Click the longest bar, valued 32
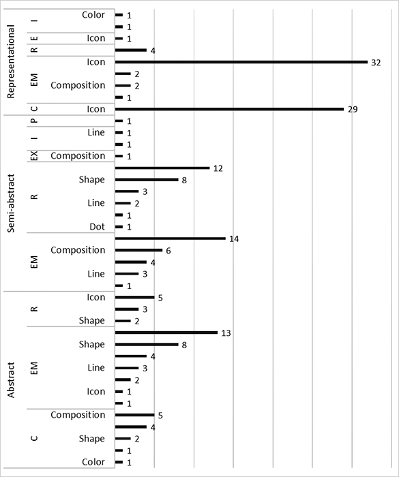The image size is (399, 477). pos(241,62)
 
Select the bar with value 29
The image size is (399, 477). pos(230,109)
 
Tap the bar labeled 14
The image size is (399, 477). pos(171,238)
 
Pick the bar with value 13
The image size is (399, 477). pos(166,333)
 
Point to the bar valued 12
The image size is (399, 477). pos(162,168)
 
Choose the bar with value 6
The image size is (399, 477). pos(138,250)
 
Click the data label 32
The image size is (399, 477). pos(376,63)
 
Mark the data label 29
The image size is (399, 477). pos(353,110)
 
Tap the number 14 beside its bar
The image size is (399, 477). pos(234,239)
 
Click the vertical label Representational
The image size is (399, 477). pos(11,62)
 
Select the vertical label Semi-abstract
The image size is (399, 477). pos(11,203)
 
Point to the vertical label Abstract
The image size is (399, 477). pos(11,380)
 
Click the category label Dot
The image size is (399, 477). pos(97,227)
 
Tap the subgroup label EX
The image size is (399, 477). pos(34,156)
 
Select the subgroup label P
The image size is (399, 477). pos(34,121)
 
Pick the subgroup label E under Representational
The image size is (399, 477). pos(34,38)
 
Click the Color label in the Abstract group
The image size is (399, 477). pos(93,462)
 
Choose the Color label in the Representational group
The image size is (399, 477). pos(93,15)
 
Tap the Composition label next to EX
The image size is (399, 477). pos(78,156)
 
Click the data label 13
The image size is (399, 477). pos(226,333)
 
